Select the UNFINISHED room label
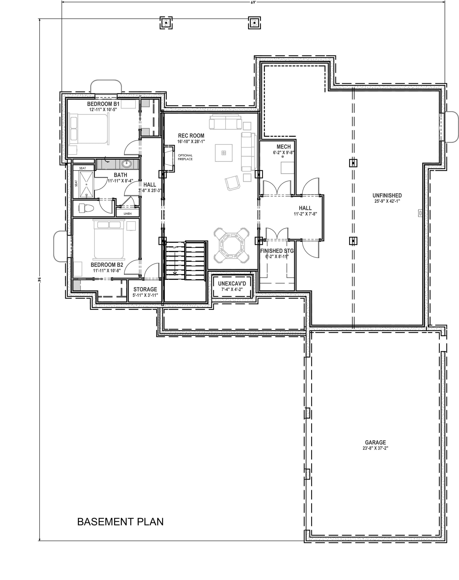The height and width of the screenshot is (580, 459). pyautogui.click(x=387, y=196)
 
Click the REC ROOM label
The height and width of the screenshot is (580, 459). pyautogui.click(x=191, y=136)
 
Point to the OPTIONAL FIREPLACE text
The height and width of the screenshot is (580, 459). pyautogui.click(x=185, y=157)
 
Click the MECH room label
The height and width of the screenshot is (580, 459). pyautogui.click(x=283, y=147)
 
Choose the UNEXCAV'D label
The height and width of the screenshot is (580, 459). pyautogui.click(x=232, y=283)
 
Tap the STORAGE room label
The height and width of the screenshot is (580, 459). pyautogui.click(x=145, y=289)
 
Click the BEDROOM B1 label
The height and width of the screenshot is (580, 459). pyautogui.click(x=103, y=104)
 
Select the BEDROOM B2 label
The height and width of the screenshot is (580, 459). pyautogui.click(x=107, y=265)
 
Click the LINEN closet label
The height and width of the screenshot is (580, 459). pyautogui.click(x=128, y=214)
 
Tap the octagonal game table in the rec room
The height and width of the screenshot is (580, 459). pyautogui.click(x=231, y=245)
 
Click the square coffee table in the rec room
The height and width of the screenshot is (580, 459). pyautogui.click(x=224, y=153)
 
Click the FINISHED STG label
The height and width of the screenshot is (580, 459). pyautogui.click(x=277, y=251)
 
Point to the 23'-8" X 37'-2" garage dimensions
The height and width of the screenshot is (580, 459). pyautogui.click(x=375, y=448)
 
